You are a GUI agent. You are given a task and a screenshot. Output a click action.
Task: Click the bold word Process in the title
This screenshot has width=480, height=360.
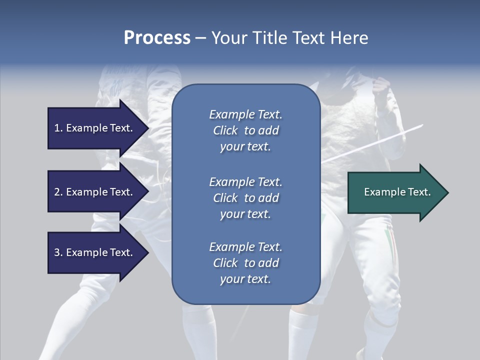tap(157, 38)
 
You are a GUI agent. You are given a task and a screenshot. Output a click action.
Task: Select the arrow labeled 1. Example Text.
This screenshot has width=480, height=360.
tap(95, 128)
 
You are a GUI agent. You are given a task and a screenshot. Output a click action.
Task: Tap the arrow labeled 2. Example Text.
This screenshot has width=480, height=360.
tap(95, 192)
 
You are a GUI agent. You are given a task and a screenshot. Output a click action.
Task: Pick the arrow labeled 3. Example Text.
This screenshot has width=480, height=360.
tap(95, 252)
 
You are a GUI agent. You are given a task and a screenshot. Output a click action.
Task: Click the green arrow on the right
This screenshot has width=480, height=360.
tap(395, 192)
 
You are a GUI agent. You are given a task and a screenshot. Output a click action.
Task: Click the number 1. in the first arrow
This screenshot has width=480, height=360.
tap(58, 128)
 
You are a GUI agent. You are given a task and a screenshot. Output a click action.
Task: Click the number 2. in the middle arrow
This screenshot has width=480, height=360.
tap(58, 192)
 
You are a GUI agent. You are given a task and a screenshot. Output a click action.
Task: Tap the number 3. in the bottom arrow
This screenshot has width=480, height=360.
tap(58, 252)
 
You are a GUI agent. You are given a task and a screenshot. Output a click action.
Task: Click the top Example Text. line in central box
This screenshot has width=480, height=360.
tap(245, 114)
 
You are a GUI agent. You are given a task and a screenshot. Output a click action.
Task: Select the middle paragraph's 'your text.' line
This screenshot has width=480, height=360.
tap(245, 214)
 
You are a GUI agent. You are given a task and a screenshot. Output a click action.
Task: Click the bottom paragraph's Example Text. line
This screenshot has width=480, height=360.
tap(245, 247)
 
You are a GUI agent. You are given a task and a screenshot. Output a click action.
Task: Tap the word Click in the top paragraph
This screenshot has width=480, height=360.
tap(225, 130)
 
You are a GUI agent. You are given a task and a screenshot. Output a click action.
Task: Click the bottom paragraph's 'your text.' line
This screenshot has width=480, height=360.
tap(245, 279)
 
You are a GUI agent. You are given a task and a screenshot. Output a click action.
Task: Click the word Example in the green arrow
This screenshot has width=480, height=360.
tap(381, 192)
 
